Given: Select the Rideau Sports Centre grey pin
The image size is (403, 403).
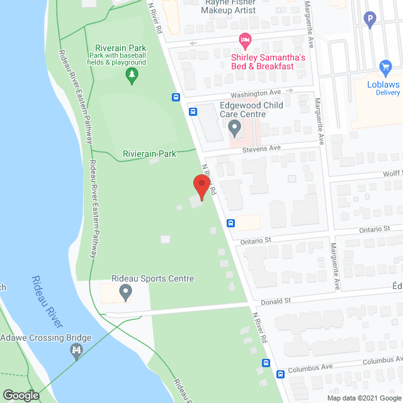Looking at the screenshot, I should [x=125, y=292].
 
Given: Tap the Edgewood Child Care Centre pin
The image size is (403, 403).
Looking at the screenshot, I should [x=235, y=129].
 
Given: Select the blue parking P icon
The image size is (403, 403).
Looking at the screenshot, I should [x=371, y=19].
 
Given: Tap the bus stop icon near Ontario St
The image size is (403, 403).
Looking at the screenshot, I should [x=231, y=223].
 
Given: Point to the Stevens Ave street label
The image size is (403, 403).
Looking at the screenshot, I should [x=261, y=150].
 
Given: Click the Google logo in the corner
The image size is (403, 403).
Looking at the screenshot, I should [x=20, y=395].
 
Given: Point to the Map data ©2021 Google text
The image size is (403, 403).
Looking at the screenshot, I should [x=363, y=397].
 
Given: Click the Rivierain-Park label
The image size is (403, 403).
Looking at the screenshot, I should [x=149, y=153].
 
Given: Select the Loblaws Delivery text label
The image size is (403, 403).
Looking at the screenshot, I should [x=384, y=88].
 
